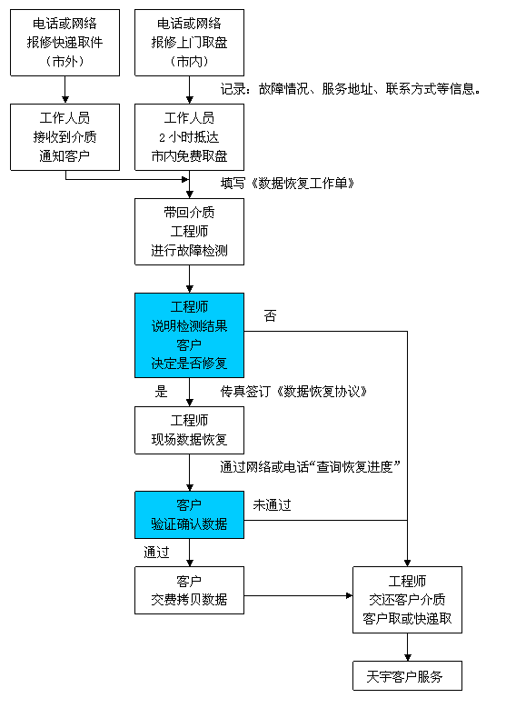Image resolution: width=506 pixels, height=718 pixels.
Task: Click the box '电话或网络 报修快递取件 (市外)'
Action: (65, 43)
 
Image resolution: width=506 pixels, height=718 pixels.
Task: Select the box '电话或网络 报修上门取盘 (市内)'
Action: (189, 43)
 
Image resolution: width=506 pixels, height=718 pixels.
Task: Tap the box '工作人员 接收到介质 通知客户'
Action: (65, 137)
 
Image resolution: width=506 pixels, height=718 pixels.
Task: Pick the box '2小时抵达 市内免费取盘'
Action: (189, 137)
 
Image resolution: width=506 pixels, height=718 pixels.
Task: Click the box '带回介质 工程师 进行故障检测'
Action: (189, 232)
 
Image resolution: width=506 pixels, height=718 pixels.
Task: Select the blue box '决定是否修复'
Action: (189, 335)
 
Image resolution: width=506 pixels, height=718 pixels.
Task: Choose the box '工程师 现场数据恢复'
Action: (189, 431)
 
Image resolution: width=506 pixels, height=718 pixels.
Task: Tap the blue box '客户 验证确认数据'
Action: (189, 514)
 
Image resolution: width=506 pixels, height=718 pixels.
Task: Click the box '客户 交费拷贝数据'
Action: (189, 590)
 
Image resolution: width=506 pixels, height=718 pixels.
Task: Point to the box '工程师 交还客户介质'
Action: (407, 600)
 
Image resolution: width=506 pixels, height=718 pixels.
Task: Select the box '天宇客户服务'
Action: (407, 675)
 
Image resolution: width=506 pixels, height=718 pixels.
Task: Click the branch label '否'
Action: (271, 315)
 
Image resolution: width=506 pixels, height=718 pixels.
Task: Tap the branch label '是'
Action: (161, 392)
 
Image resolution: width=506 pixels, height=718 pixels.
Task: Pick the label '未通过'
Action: (273, 504)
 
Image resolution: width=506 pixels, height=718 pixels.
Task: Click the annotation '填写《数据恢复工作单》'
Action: (287, 184)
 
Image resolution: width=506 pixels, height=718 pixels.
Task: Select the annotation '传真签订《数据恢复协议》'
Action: (293, 392)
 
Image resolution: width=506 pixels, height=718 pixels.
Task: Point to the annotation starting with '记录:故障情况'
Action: (351, 89)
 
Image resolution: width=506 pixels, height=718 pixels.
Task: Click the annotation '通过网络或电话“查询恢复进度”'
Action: (310, 466)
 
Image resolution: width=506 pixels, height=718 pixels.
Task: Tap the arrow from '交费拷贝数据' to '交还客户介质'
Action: (298, 595)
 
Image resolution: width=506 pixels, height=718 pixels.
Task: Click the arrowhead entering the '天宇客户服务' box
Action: (407, 657)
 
